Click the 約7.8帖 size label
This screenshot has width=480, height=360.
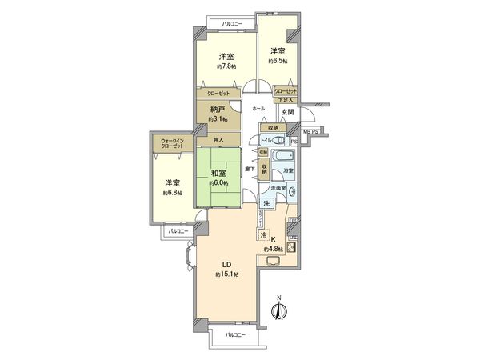pyautogui.click(x=226, y=66)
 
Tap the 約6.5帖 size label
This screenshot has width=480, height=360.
pyautogui.click(x=278, y=60)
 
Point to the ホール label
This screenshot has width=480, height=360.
pyautogui.click(x=258, y=109)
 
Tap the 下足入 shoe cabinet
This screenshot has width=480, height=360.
pyautogui.click(x=286, y=101)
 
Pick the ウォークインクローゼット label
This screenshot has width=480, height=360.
pyautogui.click(x=172, y=143)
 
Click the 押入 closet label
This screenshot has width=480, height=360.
pyautogui.click(x=218, y=139)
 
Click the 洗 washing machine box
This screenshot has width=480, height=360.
pyautogui.click(x=267, y=205)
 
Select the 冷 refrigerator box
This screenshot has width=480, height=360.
pyautogui.click(x=263, y=235)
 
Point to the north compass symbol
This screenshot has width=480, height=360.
pyautogui.click(x=279, y=311)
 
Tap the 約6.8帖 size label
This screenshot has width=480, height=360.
pyautogui.click(x=172, y=193)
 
